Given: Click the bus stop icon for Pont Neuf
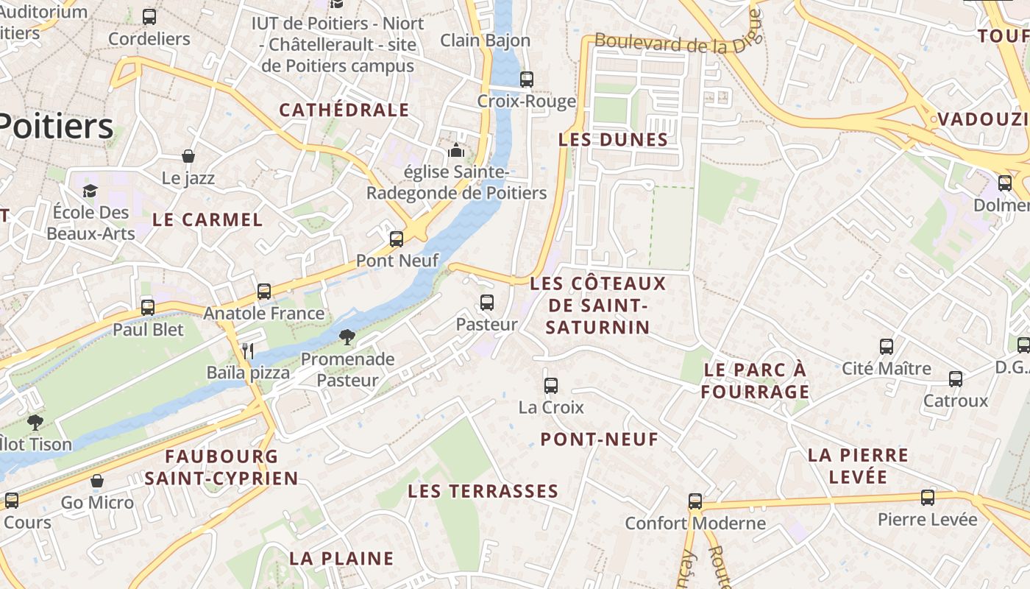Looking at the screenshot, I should (397, 239).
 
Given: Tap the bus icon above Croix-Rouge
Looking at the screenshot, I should (526, 79).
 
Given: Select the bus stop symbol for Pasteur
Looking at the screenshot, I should (486, 302).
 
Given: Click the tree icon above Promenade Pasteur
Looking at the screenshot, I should (347, 337).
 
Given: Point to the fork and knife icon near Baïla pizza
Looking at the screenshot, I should (248, 350).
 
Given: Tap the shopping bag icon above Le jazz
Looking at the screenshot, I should (188, 156).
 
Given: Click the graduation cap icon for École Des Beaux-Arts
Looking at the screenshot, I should (90, 191).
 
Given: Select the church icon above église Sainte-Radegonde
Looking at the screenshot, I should (456, 150).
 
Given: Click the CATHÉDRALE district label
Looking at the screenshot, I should (344, 110).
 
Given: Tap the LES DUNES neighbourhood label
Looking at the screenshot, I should (613, 140).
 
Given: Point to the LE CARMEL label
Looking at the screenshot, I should (207, 219).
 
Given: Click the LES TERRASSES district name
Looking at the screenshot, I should (483, 491).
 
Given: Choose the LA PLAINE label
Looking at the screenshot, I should (341, 558).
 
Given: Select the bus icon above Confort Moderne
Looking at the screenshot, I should (695, 501).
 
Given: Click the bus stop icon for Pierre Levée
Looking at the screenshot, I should (928, 497).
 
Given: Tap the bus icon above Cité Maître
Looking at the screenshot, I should (887, 346).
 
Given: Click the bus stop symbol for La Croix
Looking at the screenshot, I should (550, 385).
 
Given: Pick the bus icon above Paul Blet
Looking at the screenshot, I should (148, 307).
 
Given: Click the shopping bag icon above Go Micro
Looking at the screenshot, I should (97, 481).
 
